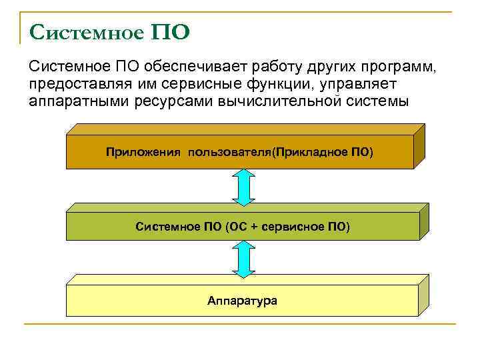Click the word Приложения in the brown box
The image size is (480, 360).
click(143, 152)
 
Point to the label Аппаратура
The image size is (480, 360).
click(242, 301)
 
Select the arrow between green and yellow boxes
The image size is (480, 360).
click(243, 259)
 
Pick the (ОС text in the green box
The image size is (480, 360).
click(237, 227)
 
